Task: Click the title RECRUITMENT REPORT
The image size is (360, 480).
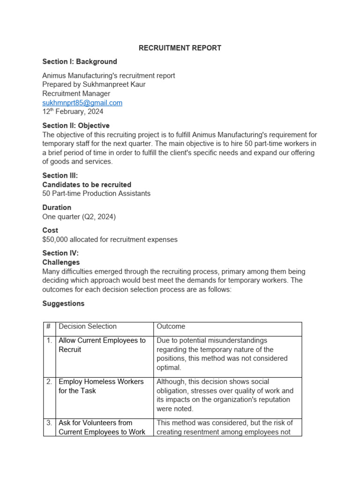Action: click(180, 48)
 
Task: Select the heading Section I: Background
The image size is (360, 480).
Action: click(80, 61)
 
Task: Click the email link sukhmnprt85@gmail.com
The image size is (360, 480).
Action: click(82, 103)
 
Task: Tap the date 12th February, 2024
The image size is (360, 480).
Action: click(73, 112)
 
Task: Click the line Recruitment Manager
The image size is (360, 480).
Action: click(76, 94)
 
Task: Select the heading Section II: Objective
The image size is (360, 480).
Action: click(76, 126)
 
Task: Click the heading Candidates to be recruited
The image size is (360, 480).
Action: click(87, 185)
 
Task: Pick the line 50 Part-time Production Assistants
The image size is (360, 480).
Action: click(96, 194)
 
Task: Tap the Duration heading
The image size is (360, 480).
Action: click(57, 207)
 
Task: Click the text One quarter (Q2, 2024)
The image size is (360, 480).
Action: click(79, 217)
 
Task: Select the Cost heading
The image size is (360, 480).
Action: click(50, 230)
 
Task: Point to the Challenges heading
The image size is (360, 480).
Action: click(61, 262)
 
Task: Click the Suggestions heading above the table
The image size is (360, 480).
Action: click(63, 303)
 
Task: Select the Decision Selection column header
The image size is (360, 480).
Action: click(88, 326)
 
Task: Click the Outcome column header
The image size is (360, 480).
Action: click(171, 326)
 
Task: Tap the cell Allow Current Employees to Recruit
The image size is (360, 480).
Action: click(102, 345)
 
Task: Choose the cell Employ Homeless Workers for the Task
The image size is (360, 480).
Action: click(101, 386)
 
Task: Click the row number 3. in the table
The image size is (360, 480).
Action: click(49, 423)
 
